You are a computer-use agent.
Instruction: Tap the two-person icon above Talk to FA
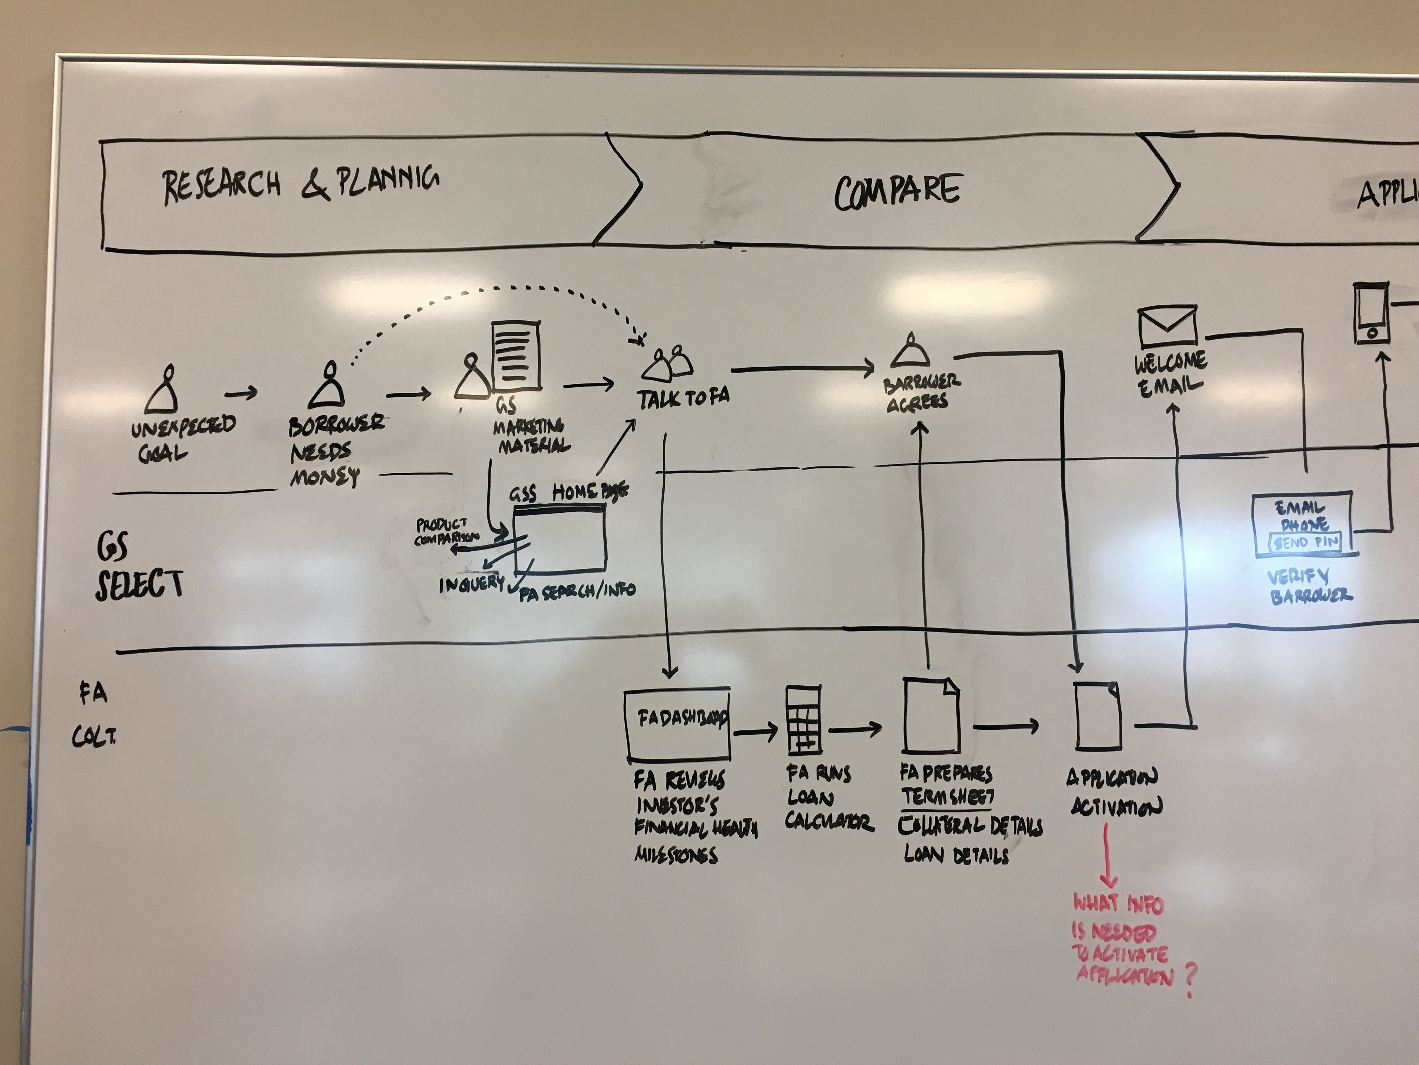(668, 363)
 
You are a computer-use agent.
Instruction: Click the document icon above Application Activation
(1098, 716)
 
